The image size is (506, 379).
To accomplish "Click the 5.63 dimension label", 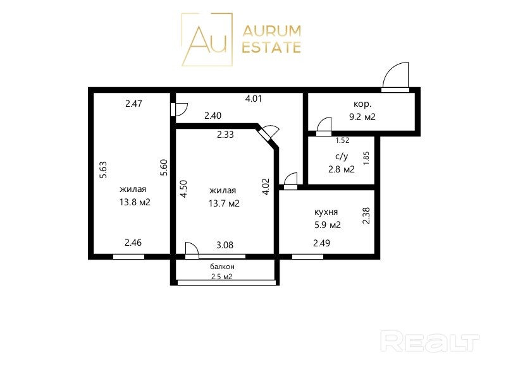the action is pyautogui.click(x=103, y=170).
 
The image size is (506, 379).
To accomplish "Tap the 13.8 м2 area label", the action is pyautogui.click(x=135, y=202).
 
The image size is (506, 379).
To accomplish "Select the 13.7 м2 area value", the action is pyautogui.click(x=224, y=203).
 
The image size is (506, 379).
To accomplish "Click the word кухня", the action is pyautogui.click(x=326, y=212).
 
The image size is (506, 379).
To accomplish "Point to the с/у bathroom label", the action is pyautogui.click(x=342, y=157).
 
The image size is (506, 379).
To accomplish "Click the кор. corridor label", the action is pyautogui.click(x=362, y=104).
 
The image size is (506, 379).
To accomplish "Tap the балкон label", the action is pyautogui.click(x=223, y=267).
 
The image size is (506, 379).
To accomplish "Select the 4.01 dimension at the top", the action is pyautogui.click(x=254, y=99).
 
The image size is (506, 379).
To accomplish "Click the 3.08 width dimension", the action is pyautogui.click(x=225, y=245).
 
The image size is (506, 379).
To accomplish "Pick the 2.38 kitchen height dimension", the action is pyautogui.click(x=366, y=215).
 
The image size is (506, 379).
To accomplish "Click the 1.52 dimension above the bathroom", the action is pyautogui.click(x=342, y=140).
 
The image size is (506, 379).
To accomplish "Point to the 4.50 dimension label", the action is pyautogui.click(x=183, y=189).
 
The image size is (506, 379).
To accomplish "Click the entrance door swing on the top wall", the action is pyautogui.click(x=395, y=76).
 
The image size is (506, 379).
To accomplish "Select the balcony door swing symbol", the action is pyautogui.click(x=192, y=250).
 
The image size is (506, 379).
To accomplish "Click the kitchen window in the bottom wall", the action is pyautogui.click(x=307, y=256).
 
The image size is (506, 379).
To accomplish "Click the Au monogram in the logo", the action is pyautogui.click(x=207, y=39).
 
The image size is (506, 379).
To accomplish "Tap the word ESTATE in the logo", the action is pyautogui.click(x=271, y=47).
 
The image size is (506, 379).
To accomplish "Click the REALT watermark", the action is pyautogui.click(x=430, y=341).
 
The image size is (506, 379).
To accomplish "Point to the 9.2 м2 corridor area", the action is pyautogui.click(x=362, y=117).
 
